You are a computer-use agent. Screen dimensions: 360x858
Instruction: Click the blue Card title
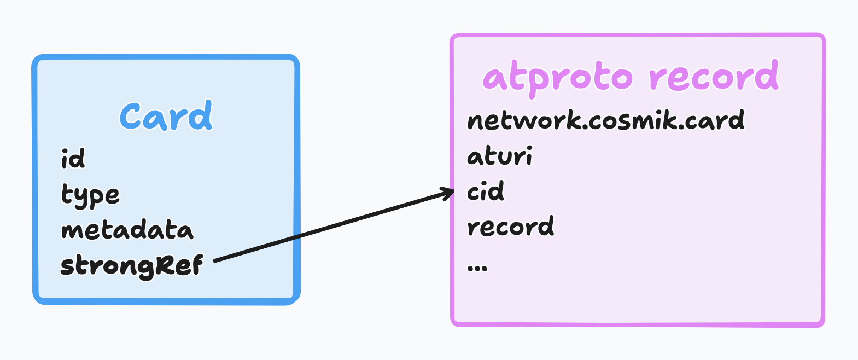coord(166,117)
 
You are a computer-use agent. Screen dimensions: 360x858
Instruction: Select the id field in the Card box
coord(73,159)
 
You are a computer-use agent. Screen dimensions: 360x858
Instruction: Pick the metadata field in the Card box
coord(127,230)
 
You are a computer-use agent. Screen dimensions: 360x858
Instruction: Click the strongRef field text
coord(131,266)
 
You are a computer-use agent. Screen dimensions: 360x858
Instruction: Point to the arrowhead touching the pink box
coord(450,192)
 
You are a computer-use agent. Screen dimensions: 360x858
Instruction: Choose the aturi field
coord(499,156)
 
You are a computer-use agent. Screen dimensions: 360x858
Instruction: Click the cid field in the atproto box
coord(485,191)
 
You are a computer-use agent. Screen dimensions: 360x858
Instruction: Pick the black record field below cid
coord(510,227)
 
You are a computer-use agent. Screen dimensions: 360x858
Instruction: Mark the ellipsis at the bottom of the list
coord(477,268)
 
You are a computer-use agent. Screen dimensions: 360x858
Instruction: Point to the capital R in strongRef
coord(164,265)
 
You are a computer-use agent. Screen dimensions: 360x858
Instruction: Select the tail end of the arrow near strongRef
coord(217,260)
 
